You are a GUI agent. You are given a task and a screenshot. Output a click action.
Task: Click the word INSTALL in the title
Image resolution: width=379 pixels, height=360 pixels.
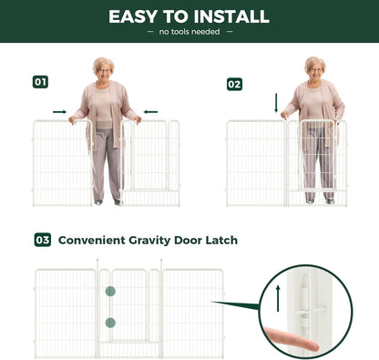click(x=229, y=16)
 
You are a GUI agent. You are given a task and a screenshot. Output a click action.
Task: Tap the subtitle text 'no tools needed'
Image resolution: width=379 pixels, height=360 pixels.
click(x=189, y=32)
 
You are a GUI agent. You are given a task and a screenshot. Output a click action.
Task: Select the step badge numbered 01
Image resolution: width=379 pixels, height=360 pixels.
click(x=40, y=82)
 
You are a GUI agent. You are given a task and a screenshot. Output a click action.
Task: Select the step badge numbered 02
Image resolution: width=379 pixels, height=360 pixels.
click(x=234, y=84)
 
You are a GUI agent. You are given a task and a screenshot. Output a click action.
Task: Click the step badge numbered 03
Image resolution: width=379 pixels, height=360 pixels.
click(x=43, y=240)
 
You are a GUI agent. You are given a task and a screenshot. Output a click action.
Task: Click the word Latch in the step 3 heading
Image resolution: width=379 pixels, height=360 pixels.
click(x=222, y=240)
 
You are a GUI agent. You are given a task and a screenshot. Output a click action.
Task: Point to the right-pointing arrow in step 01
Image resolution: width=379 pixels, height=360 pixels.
click(x=59, y=112)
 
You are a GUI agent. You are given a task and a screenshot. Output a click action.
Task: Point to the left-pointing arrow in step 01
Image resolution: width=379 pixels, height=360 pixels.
click(x=150, y=112)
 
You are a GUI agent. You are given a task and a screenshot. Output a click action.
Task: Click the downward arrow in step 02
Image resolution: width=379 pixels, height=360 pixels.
click(x=276, y=103)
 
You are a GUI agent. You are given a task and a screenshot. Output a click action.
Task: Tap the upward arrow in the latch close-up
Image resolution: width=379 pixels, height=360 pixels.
click(x=276, y=298)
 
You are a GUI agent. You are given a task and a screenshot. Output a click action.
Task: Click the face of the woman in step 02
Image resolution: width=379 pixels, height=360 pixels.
click(x=314, y=69)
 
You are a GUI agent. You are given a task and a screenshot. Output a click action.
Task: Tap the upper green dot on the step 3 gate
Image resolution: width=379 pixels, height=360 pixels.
click(x=110, y=292)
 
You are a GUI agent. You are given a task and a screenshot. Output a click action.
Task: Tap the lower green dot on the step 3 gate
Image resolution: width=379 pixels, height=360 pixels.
click(x=110, y=322)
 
